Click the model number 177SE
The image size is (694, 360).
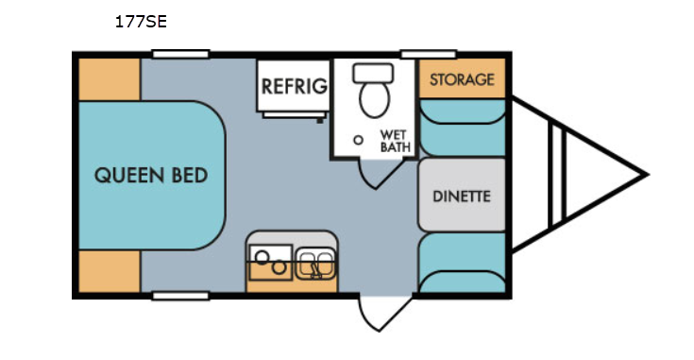coord(141,22)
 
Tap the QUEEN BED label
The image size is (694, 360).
coord(151,176)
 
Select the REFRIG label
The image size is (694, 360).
coord(295,86)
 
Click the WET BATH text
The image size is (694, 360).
coord(396,141)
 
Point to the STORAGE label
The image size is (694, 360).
coord(462,79)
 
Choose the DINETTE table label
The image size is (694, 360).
coord(462,197)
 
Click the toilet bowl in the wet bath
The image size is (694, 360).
coord(375,99)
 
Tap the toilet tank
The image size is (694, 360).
coord(373,73)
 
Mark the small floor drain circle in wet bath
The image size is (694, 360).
coord(359,140)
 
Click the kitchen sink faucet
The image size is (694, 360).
coord(316,271)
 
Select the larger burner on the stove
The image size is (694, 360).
coord(262,257)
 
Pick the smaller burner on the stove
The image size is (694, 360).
coord(279,267)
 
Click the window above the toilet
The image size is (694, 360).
coord(428,54)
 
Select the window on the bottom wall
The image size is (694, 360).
coord(180,296)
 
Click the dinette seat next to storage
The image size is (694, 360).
coord(463,128)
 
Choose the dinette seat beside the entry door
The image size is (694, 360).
coord(463,263)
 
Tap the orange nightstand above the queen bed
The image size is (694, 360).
coord(110,79)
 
